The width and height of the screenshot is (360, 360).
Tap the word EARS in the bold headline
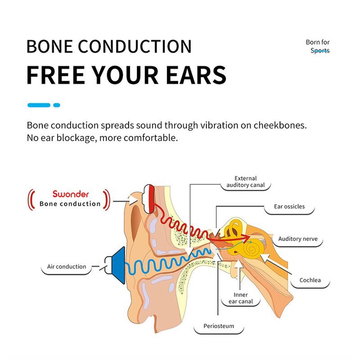pyautogui.click(x=196, y=75)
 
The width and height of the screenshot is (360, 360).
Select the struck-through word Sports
pyautogui.click(x=320, y=51)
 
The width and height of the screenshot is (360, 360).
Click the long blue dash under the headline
pyautogui.click(x=39, y=105)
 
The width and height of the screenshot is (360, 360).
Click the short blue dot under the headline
pyautogui.click(x=57, y=105)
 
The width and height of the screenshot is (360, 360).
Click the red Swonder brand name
pyautogui.click(x=70, y=194)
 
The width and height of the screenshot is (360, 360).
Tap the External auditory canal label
pyautogui.click(x=246, y=182)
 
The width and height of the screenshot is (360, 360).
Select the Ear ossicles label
pyautogui.click(x=289, y=207)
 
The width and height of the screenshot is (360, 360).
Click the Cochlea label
pyautogui.click(x=310, y=280)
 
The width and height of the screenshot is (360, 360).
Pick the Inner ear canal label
pyautogui.click(x=241, y=298)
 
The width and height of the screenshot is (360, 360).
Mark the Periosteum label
pyautogui.click(x=219, y=326)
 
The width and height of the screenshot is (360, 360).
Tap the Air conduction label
pyautogui.click(x=67, y=266)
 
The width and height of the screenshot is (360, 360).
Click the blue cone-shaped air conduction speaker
pyautogui.click(x=118, y=265)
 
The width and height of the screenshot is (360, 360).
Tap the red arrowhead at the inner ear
pyautogui.click(x=245, y=237)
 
